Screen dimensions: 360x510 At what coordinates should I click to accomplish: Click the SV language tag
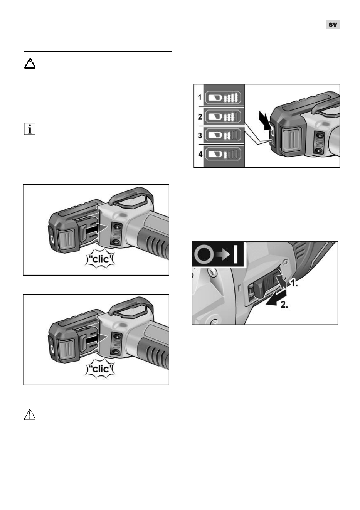point(333,25)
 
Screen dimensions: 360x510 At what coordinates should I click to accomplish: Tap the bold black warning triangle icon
point(30,64)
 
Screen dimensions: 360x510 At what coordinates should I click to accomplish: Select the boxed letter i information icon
point(30,129)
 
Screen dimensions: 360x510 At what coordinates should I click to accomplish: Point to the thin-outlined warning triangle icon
point(30,414)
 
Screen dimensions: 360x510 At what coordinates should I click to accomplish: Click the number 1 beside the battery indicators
point(200,98)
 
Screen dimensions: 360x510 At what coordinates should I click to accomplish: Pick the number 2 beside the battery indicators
point(200,116)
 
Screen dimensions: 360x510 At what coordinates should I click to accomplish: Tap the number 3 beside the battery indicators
point(200,135)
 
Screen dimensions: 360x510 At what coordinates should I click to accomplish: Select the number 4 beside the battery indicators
point(200,154)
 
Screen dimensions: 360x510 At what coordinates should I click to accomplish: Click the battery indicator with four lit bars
point(223,98)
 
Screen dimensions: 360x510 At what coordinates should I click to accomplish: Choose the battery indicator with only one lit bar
point(223,154)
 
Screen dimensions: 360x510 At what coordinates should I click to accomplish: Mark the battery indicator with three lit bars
point(223,116)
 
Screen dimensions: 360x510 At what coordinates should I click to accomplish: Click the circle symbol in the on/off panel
point(204,254)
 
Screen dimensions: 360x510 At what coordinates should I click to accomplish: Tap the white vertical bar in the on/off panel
point(236,254)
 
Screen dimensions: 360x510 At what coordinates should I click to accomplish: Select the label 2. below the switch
point(284,305)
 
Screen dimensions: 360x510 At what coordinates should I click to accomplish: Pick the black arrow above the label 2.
point(276,299)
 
